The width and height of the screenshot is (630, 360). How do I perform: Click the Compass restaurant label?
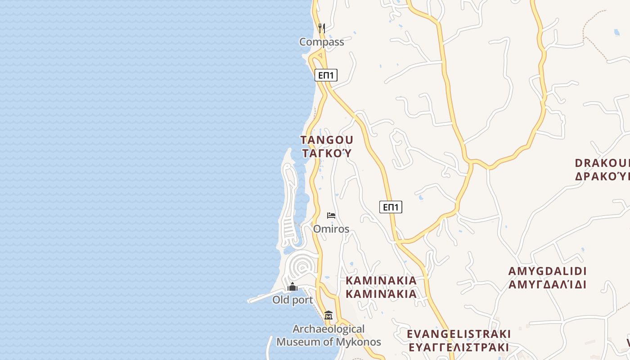(x=321, y=42)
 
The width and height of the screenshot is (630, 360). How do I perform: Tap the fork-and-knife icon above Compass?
(x=321, y=28)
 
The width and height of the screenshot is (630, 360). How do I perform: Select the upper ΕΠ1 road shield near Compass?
(x=326, y=75)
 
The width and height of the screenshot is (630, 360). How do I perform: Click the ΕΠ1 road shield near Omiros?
(x=391, y=207)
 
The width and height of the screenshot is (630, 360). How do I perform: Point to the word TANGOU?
(x=327, y=140)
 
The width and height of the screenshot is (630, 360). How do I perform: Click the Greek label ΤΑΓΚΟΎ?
(x=327, y=153)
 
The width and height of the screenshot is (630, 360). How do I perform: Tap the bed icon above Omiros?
(x=331, y=216)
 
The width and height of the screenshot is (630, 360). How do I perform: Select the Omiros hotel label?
(x=331, y=229)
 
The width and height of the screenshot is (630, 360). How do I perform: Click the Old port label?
(x=292, y=300)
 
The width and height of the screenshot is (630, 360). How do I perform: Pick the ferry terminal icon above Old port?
(x=292, y=287)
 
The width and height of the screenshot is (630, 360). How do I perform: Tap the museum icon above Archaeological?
(x=328, y=315)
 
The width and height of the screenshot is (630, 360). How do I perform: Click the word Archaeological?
(x=328, y=329)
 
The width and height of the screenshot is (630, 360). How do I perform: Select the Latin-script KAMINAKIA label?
(x=381, y=280)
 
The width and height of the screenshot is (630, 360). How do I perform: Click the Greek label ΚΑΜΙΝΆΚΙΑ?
(x=381, y=294)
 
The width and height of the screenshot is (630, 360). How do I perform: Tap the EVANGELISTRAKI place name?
(x=459, y=334)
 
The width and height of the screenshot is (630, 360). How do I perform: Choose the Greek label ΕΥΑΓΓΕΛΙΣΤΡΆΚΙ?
(x=459, y=347)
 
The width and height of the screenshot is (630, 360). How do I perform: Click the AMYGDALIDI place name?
(x=547, y=271)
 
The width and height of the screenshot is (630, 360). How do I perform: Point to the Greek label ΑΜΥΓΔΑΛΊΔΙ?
(x=547, y=284)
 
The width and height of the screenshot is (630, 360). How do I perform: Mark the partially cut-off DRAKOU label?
(x=602, y=162)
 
